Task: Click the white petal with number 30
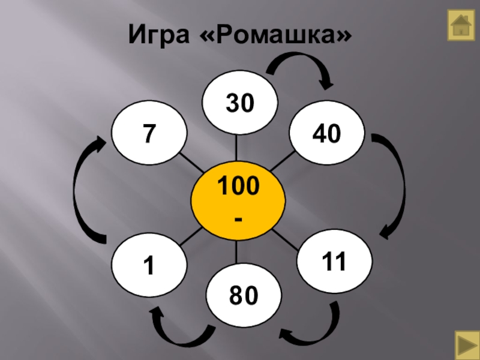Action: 240,103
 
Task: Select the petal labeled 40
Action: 326,134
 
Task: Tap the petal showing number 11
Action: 335,263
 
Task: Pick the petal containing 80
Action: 243,294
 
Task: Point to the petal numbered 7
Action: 147,133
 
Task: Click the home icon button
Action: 461,26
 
